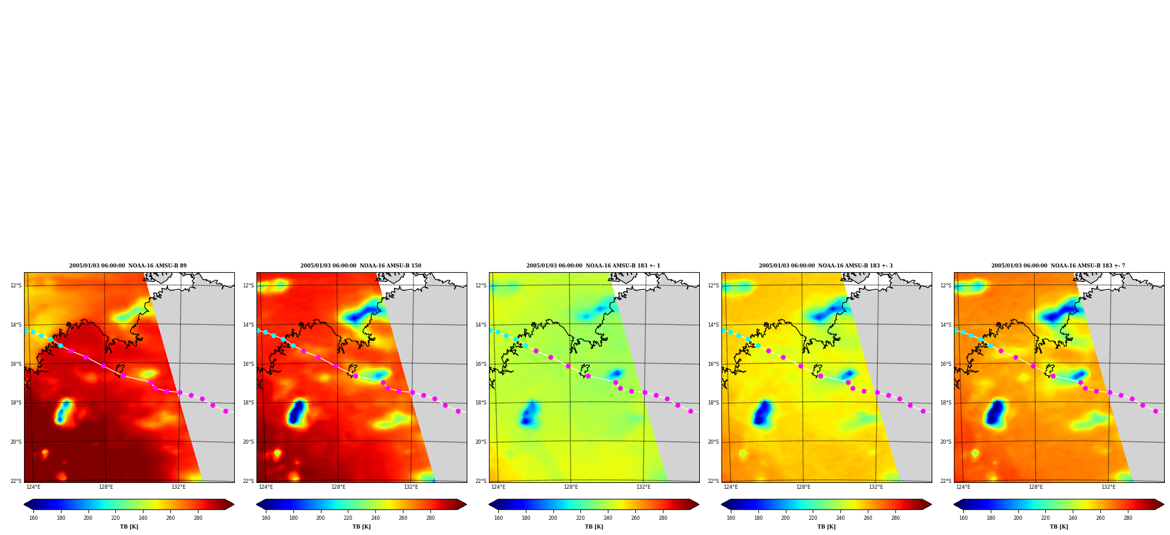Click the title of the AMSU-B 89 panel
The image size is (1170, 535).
[128, 266]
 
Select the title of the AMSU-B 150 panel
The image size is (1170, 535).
[361, 266]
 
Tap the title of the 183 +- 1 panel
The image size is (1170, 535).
[593, 266]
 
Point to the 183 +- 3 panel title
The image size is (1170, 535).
[826, 266]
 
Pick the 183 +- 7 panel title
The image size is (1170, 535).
[1058, 266]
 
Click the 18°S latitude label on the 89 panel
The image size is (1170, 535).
[16, 403]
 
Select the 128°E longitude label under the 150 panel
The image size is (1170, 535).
[338, 487]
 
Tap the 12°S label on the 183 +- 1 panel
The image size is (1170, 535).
[481, 286]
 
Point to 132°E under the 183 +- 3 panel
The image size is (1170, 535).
[876, 487]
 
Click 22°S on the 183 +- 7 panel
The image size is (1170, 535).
[946, 481]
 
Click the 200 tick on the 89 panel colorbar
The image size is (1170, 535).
[88, 518]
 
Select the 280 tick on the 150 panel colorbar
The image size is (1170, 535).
[430, 518]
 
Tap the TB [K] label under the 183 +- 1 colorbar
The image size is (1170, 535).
[594, 527]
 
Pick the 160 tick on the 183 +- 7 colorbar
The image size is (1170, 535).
[963, 518]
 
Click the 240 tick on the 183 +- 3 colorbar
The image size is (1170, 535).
[840, 518]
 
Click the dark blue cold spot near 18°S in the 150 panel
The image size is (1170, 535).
[297, 412]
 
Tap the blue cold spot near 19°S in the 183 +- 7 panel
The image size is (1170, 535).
[995, 412]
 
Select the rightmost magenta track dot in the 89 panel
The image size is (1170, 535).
[225, 411]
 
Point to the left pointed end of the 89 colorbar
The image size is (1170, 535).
[25, 505]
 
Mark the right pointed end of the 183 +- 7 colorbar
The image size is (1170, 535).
[1163, 505]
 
